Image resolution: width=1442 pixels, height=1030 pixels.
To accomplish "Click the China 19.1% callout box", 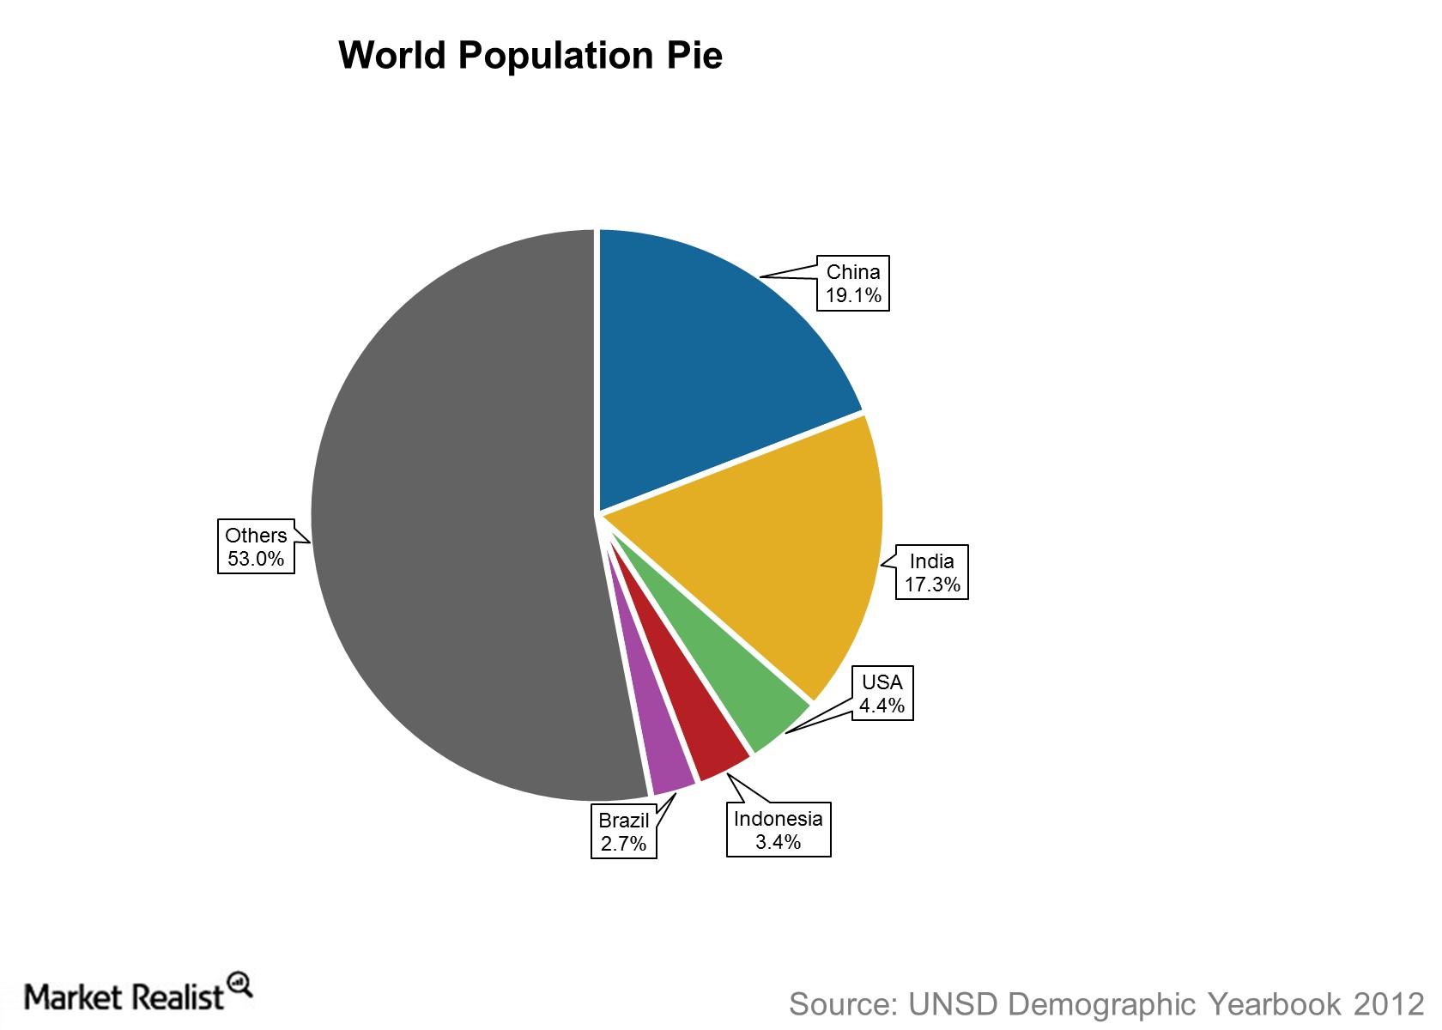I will [x=852, y=283].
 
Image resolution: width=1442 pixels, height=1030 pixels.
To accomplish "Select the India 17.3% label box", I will [x=931, y=573].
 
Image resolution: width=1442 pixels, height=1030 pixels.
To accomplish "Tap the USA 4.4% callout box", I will [x=882, y=694].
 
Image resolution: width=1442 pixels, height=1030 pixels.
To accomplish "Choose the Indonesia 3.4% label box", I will [x=779, y=830].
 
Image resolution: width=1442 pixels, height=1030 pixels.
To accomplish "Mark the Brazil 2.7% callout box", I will [x=624, y=832].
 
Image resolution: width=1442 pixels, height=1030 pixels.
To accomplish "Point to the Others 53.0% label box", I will [x=256, y=547].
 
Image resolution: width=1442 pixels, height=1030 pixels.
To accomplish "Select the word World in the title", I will [x=391, y=56].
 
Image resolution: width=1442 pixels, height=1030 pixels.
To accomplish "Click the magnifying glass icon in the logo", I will [x=239, y=985].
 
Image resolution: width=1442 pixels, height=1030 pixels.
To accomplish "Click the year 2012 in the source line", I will [x=1388, y=1003].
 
